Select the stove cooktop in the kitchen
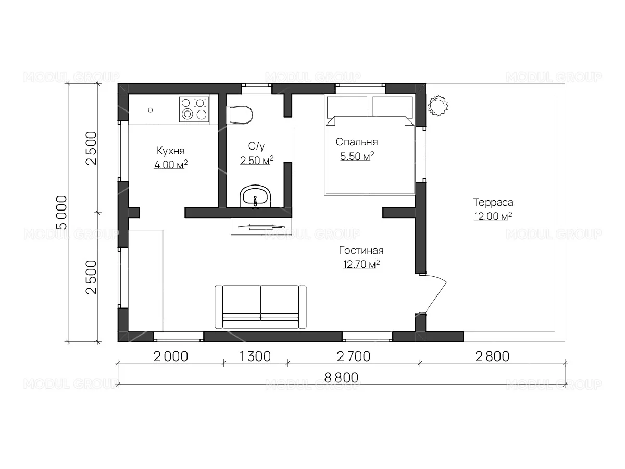coord(194,109)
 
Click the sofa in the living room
coord(260,307)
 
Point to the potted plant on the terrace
coord(438,106)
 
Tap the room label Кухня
coord(170,151)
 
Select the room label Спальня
coord(356,142)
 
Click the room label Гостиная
coord(361,250)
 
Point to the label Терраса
coord(493,202)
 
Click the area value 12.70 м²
coord(361,264)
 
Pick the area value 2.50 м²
coord(257,161)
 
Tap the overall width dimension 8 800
coord(341,378)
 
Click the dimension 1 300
coord(255,356)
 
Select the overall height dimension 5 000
coord(62,213)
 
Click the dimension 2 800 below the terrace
coord(492,356)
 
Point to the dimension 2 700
coord(353,356)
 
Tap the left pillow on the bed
coord(347,106)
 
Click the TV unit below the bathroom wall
coord(261,227)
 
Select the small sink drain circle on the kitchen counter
coord(151,110)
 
